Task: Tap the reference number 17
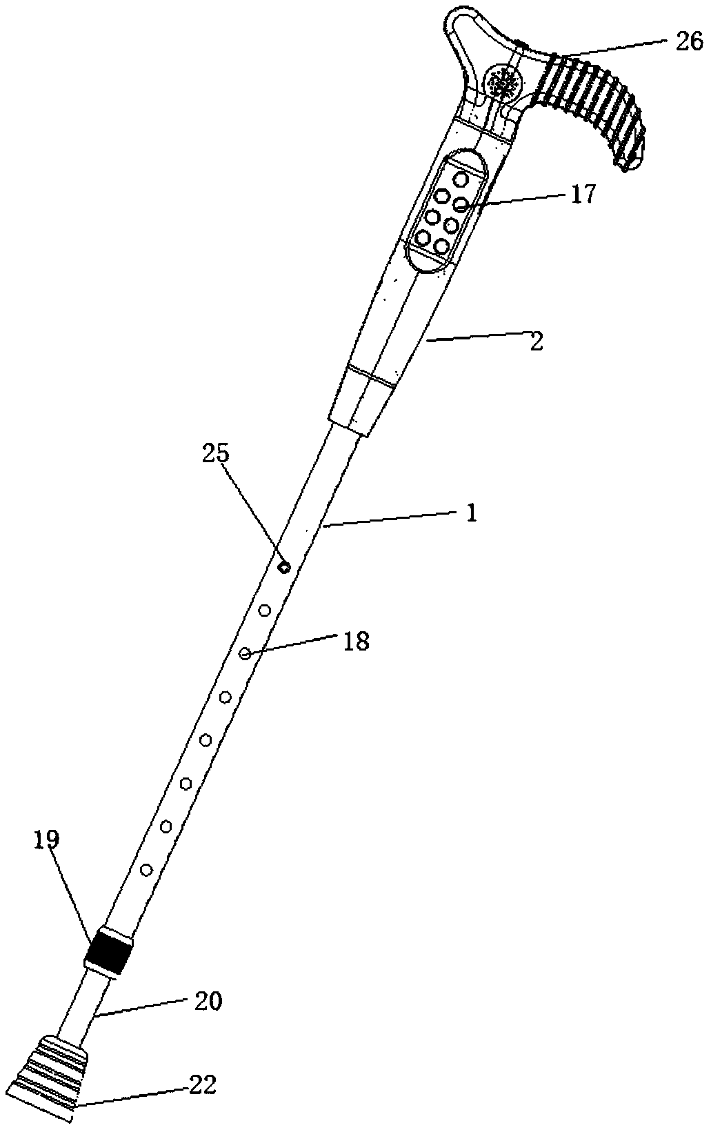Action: point(582,195)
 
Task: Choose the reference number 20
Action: point(209,1001)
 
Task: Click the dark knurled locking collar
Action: point(108,951)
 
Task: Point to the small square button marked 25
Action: point(283,567)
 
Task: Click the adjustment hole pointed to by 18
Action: point(245,653)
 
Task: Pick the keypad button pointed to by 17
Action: point(461,203)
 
